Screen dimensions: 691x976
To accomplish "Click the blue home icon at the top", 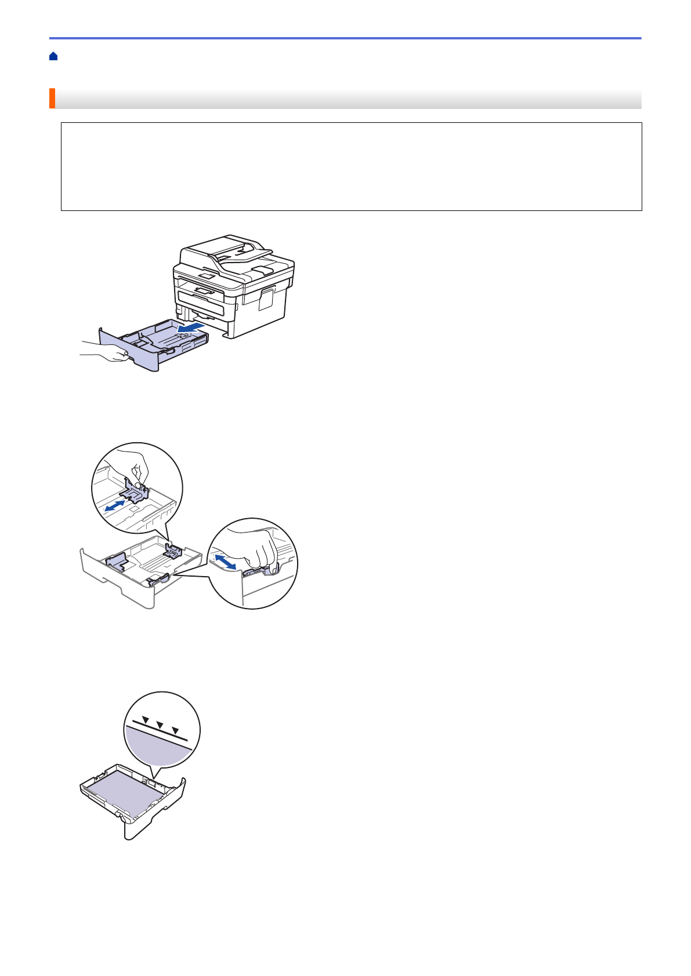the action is [x=53, y=56].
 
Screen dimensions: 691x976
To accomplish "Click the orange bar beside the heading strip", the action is [x=52, y=99].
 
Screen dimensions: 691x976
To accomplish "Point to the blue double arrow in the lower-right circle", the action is [x=225, y=561].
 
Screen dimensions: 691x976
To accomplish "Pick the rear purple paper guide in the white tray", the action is [x=172, y=550].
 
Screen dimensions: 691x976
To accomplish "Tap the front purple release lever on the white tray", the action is [x=158, y=578].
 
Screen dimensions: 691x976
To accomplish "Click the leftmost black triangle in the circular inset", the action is [x=146, y=720].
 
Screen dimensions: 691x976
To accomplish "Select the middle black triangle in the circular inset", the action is [x=160, y=725].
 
